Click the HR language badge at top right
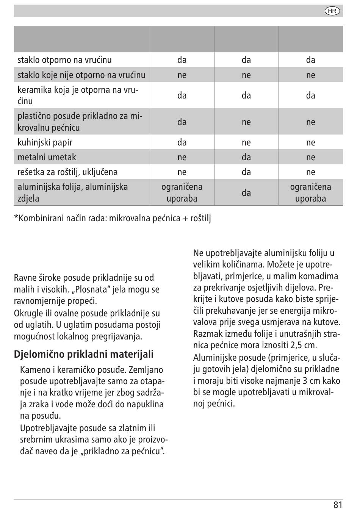(x=332, y=11)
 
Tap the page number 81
(x=338, y=505)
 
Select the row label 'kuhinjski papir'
(x=45, y=142)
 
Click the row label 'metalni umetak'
(x=47, y=157)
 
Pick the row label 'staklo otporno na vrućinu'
(x=64, y=60)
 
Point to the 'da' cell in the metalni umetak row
(x=246, y=157)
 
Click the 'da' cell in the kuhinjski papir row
(x=182, y=142)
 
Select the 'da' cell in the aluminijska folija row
(x=246, y=192)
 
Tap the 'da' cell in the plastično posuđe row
(x=182, y=122)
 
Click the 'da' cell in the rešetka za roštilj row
(x=246, y=172)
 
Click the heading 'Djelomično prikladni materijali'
(x=84, y=354)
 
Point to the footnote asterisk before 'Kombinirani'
(x=16, y=216)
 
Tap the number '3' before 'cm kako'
(x=305, y=381)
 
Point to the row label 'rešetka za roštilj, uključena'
(x=67, y=172)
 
